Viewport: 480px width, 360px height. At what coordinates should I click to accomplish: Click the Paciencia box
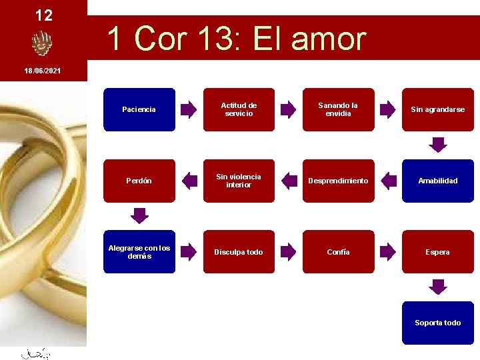(139, 109)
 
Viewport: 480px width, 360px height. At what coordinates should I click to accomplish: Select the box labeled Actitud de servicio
(239, 109)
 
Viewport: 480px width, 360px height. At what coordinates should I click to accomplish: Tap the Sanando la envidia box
(338, 109)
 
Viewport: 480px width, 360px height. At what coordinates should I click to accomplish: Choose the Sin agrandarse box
(437, 109)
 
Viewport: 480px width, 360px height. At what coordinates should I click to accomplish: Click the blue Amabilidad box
(437, 181)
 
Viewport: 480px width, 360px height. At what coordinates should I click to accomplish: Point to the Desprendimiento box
(338, 181)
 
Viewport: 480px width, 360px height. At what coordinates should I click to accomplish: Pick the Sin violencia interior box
(239, 181)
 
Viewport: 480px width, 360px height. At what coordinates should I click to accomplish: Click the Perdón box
(139, 181)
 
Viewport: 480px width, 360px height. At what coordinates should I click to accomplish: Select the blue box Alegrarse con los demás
(139, 252)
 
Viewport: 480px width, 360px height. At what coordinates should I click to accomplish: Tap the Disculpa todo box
(239, 252)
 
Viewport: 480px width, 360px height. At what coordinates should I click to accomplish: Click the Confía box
(338, 252)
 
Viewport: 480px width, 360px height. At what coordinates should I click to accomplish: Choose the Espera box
(437, 252)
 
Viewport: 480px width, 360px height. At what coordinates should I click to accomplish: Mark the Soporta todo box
(437, 323)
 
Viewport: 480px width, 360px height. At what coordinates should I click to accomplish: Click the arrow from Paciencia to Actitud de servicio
(189, 109)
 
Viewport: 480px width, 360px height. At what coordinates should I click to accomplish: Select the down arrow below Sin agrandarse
(437, 144)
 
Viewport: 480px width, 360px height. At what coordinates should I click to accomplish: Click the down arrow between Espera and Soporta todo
(437, 287)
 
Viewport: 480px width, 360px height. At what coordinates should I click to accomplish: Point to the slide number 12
(43, 15)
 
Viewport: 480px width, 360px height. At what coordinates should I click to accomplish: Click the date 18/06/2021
(43, 70)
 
